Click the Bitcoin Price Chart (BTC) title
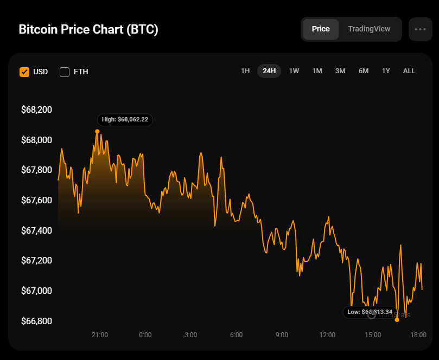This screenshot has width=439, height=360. [88, 29]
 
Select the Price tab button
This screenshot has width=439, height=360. [321, 29]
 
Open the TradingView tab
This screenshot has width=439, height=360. [369, 29]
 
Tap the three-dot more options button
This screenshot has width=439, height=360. [420, 29]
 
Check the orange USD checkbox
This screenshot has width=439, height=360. [24, 72]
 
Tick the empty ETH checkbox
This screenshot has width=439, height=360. [65, 72]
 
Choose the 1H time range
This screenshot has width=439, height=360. [245, 71]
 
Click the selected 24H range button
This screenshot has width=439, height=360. [269, 71]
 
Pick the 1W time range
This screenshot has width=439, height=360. [294, 71]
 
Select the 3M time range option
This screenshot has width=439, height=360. [340, 71]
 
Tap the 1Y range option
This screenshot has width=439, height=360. [386, 71]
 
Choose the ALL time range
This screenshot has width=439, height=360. [409, 71]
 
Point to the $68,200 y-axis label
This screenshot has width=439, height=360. [36, 110]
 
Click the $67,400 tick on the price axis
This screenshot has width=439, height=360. [36, 231]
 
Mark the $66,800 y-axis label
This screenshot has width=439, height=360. [36, 321]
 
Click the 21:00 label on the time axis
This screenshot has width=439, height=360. [100, 335]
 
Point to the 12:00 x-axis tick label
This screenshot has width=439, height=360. [327, 335]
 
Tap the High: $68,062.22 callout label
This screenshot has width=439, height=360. [125, 119]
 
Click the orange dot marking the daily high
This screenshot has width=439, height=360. [97, 131]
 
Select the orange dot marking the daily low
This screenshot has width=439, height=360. [397, 320]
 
